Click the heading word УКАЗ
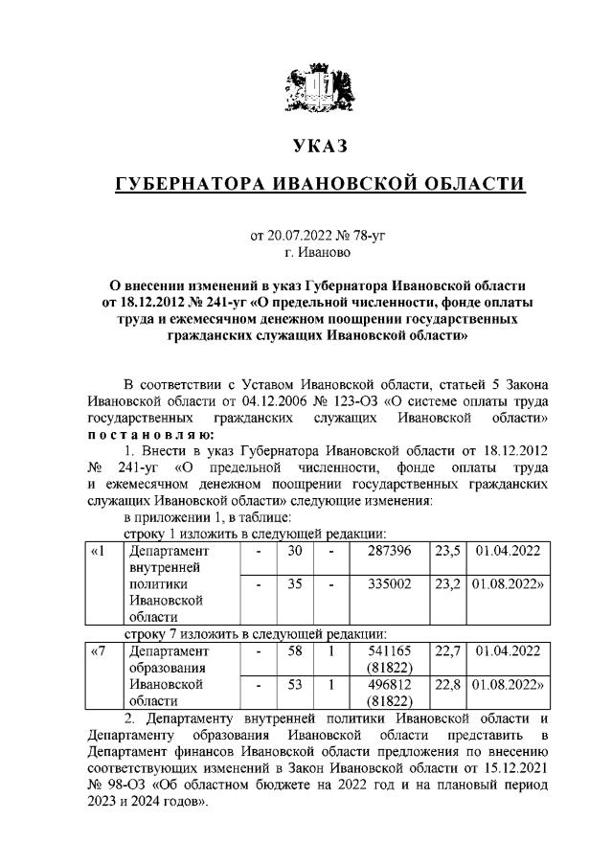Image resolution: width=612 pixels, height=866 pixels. (x=316, y=146)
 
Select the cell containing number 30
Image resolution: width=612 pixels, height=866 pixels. (x=295, y=551)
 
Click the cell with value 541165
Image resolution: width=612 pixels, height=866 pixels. (x=388, y=651)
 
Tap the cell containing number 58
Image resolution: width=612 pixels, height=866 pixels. (x=295, y=651)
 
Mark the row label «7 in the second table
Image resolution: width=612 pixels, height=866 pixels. (x=98, y=651)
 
